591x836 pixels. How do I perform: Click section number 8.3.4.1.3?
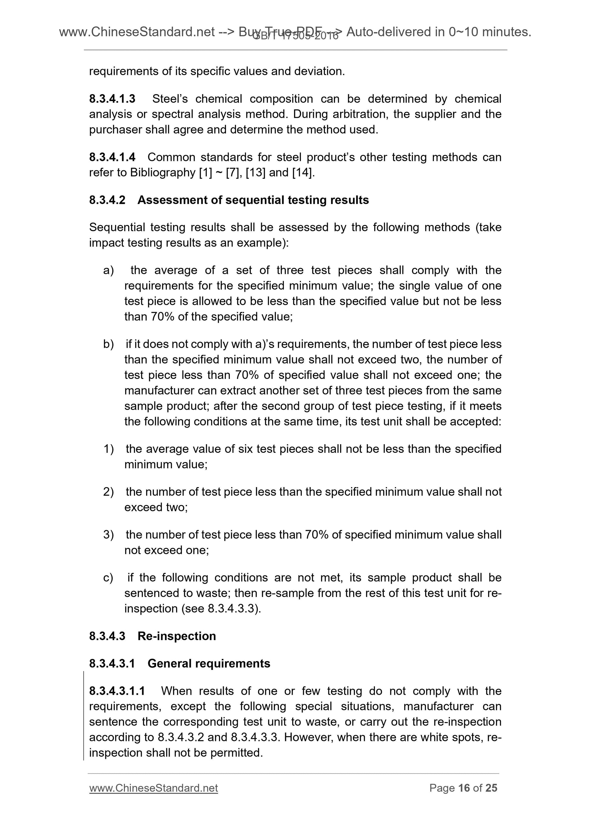pos(112,99)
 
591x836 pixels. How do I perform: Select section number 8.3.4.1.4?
pos(112,157)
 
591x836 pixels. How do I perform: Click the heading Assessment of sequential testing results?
pos(253,200)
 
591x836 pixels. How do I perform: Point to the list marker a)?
pos(108,270)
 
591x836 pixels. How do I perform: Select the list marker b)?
pos(108,344)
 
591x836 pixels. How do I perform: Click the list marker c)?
pos(108,578)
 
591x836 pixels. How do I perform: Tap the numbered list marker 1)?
pos(108,449)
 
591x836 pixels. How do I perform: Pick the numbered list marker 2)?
pos(108,492)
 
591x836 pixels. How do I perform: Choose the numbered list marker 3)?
pos(108,534)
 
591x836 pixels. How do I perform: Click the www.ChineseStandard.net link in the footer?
pos(153,788)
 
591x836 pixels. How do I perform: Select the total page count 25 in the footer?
pos(491,788)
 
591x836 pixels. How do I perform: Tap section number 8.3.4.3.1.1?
pos(117,691)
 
